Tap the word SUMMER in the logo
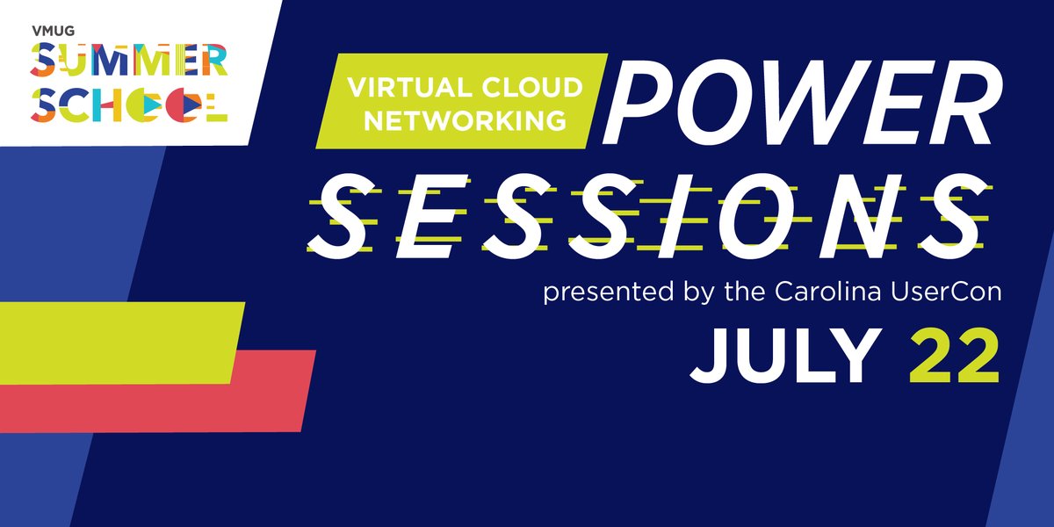point(128,62)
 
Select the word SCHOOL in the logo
point(128,105)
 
